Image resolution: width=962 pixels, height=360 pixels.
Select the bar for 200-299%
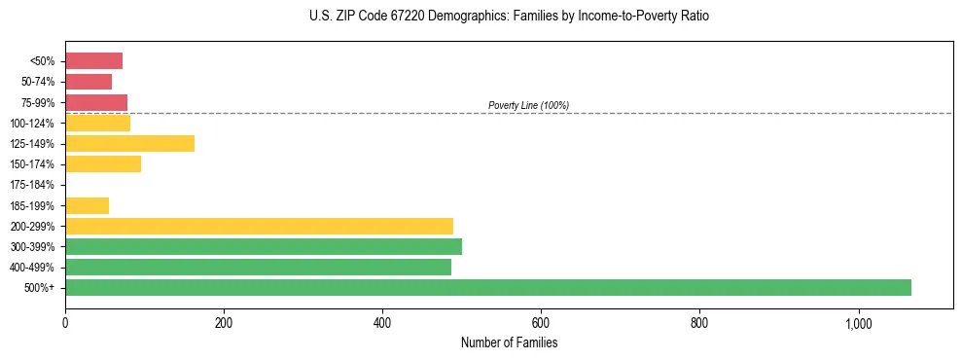259,226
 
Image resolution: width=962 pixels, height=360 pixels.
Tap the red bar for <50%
93,61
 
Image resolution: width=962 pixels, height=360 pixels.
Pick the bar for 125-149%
129,144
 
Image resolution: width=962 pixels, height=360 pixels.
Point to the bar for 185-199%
87,205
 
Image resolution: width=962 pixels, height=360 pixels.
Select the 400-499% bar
258,267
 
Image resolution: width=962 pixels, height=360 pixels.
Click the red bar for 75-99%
96,102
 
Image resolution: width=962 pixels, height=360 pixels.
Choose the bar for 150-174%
103,164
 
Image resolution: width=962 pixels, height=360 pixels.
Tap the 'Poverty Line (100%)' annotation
528,105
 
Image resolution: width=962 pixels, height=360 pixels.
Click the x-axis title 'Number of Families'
509,343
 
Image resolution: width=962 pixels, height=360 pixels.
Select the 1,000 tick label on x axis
858,323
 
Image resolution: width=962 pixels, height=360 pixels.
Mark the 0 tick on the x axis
65,323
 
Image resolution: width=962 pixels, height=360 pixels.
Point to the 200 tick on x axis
224,323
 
